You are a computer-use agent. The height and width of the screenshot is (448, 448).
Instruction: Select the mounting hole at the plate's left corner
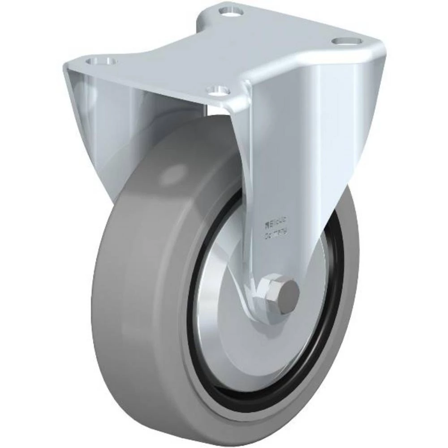click(x=101, y=61)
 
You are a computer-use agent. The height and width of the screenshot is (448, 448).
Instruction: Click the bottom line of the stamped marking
click(x=276, y=233)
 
